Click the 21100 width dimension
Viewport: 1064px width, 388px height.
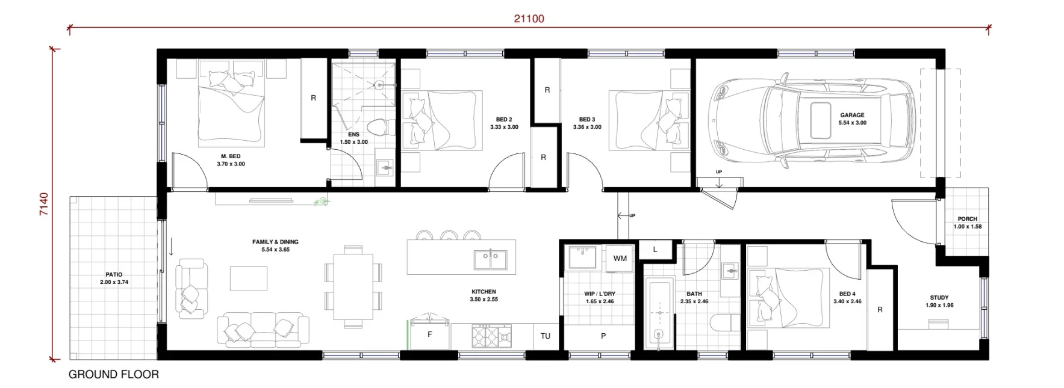[x=529, y=19]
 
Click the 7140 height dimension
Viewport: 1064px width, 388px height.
[x=44, y=204]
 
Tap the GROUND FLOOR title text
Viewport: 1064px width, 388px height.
[x=114, y=374]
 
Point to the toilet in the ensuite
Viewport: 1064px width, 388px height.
[x=380, y=128]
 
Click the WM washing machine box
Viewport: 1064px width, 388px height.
[x=620, y=259]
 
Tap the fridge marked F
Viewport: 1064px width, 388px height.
[x=429, y=335]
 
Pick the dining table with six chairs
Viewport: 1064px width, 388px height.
[x=353, y=286]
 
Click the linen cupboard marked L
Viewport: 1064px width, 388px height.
[x=655, y=250]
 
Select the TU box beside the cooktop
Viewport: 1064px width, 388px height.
[x=545, y=336]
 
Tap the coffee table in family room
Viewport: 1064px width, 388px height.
[x=249, y=279]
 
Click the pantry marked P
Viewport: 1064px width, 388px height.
[x=603, y=336]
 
